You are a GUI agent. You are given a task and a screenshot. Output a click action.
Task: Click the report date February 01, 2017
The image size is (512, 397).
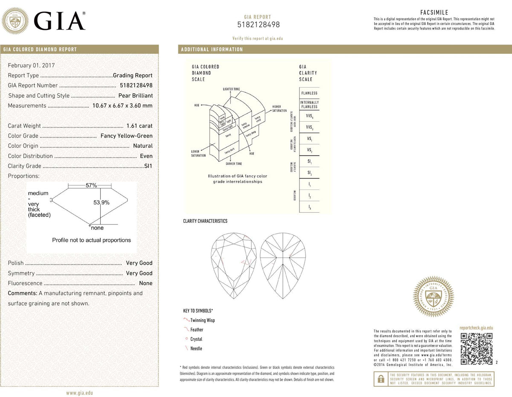click(x=31, y=65)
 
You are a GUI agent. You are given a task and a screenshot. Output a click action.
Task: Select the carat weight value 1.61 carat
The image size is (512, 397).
click(x=139, y=126)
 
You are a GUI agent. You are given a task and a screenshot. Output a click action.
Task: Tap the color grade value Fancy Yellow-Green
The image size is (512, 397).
click(x=126, y=136)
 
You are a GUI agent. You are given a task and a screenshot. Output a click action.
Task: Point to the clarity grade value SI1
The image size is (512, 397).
click(x=148, y=166)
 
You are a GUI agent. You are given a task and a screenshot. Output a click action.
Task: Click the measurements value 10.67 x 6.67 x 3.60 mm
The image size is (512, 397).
click(x=122, y=105)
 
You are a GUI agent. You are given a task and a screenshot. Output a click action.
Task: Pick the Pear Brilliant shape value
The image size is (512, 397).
click(x=135, y=96)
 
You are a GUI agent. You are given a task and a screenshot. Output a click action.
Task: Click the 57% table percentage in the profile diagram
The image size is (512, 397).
click(x=91, y=186)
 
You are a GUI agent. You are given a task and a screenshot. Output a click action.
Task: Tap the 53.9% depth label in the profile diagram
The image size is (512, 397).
click(x=102, y=202)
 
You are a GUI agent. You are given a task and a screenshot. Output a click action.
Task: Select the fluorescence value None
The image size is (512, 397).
click(x=145, y=283)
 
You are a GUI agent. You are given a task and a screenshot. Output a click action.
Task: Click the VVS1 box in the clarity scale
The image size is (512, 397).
click(x=309, y=116)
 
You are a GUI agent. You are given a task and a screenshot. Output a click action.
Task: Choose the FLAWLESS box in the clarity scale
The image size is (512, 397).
click(x=309, y=93)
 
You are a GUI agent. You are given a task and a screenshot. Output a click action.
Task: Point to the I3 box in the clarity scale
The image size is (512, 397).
click(x=309, y=207)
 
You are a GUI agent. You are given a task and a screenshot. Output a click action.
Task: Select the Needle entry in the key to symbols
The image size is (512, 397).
click(x=196, y=349)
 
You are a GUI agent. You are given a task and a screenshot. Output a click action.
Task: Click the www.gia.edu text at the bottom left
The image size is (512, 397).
click(x=79, y=393)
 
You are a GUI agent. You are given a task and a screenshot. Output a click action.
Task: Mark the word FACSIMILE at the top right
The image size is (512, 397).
click(x=434, y=13)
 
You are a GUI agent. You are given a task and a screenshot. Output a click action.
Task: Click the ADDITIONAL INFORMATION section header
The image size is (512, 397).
click(x=212, y=50)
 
